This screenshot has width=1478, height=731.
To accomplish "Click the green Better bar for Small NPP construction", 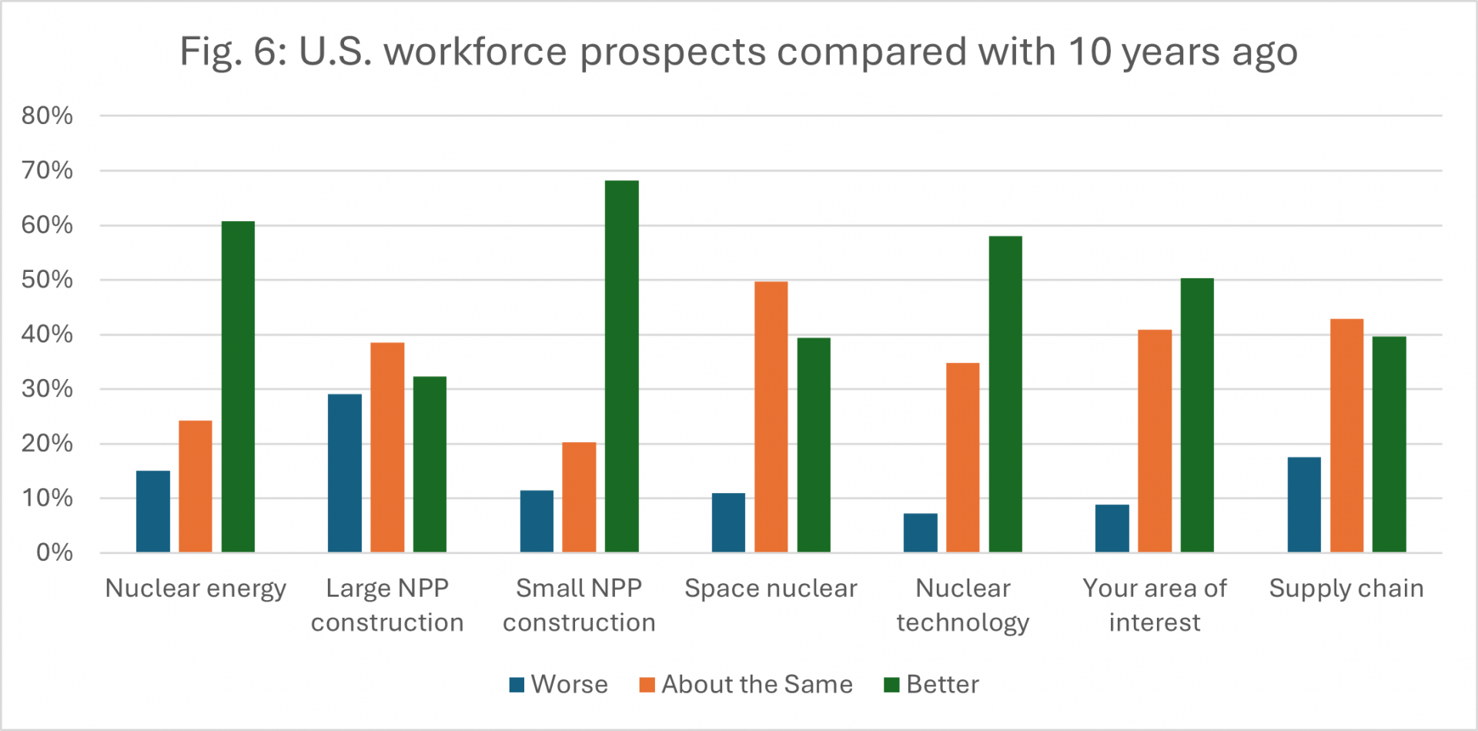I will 621,367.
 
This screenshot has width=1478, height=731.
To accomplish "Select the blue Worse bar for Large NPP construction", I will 344,473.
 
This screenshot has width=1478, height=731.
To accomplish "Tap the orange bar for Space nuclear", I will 771,417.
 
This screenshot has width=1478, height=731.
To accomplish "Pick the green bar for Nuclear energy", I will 238,387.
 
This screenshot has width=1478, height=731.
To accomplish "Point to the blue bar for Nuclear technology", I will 920,532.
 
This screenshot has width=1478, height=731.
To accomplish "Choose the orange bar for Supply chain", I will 1346,435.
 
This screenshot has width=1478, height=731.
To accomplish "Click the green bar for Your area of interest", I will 1197,415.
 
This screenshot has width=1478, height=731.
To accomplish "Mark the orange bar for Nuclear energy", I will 196,486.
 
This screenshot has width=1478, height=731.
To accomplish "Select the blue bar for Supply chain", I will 1304,505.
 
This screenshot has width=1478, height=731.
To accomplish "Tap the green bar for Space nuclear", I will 814,444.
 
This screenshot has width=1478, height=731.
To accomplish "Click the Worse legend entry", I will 559,684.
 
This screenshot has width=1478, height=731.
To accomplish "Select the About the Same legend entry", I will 746,684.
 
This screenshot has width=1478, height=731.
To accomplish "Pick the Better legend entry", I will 931,684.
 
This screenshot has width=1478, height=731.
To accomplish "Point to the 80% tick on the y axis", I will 48,116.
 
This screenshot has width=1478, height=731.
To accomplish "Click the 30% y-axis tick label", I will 48,389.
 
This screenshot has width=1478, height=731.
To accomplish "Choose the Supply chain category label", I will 1346,588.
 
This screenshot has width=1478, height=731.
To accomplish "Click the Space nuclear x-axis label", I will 771,588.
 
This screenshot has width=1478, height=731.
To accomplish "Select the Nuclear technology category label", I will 962,605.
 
